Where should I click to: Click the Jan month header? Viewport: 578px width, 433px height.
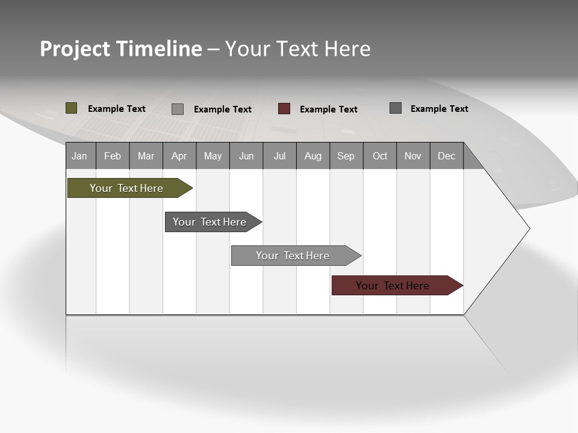pyautogui.click(x=80, y=156)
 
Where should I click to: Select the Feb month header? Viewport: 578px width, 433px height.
pyautogui.click(x=113, y=156)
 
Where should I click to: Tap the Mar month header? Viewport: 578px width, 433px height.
pyautogui.click(x=146, y=156)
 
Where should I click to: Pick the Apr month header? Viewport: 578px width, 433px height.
pyautogui.click(x=179, y=156)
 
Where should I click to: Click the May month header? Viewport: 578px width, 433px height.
pyautogui.click(x=213, y=156)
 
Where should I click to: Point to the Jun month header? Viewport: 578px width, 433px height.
pyautogui.click(x=246, y=156)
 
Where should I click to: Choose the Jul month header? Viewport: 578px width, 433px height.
pyautogui.click(x=280, y=156)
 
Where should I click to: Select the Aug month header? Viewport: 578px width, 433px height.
pyautogui.click(x=313, y=156)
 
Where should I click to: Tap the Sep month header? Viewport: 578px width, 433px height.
pyautogui.click(x=346, y=156)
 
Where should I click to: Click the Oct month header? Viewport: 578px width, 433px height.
pyautogui.click(x=380, y=156)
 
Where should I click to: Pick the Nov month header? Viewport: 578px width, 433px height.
pyautogui.click(x=413, y=156)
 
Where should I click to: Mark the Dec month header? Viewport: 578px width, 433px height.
pyautogui.click(x=447, y=156)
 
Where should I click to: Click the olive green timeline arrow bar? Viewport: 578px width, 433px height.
pyautogui.click(x=127, y=188)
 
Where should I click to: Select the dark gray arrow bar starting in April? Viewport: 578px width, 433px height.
pyautogui.click(x=210, y=222)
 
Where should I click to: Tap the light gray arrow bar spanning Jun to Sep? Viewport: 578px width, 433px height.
pyautogui.click(x=293, y=256)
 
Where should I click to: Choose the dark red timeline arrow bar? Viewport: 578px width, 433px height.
pyautogui.click(x=393, y=286)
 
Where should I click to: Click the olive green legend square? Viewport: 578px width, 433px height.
pyautogui.click(x=72, y=108)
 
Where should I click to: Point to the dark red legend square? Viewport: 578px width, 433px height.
pyautogui.click(x=284, y=109)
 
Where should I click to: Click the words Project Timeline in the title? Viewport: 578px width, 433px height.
pyautogui.click(x=121, y=49)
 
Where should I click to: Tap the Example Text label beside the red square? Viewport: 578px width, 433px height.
pyautogui.click(x=329, y=109)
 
